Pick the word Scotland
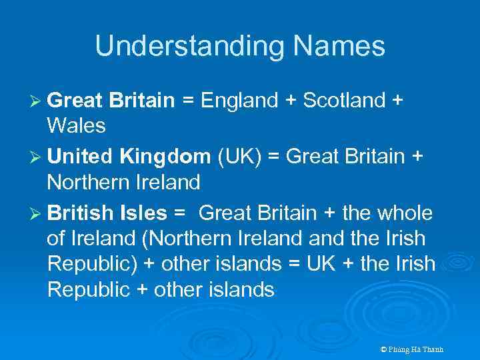tap(342, 101)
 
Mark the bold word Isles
tap(143, 213)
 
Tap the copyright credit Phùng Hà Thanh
tap(411, 349)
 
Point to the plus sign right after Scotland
tap(397, 101)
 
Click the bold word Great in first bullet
tap(74, 101)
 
